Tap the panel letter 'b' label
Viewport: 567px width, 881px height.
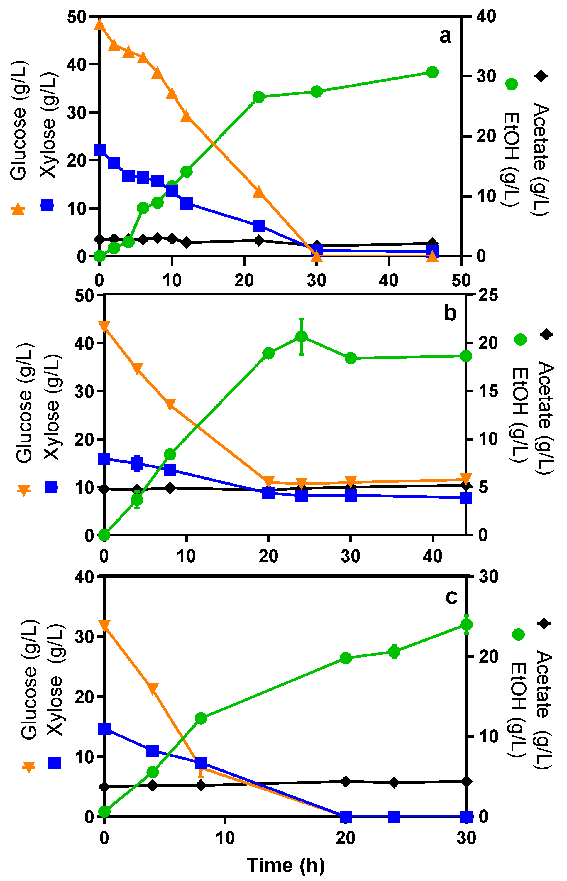click(450, 313)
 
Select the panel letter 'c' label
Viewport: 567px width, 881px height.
click(451, 597)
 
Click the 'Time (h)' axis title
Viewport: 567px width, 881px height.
click(286, 865)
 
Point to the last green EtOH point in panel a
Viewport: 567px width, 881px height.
click(432, 72)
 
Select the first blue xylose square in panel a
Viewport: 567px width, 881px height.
click(99, 150)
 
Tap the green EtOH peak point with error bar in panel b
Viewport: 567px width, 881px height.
click(302, 336)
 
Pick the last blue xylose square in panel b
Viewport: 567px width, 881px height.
click(466, 498)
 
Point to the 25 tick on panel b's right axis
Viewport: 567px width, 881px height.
click(488, 295)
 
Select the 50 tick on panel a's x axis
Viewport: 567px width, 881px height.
click(461, 281)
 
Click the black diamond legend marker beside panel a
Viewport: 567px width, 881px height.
click(541, 76)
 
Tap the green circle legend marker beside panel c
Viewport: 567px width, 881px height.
click(518, 634)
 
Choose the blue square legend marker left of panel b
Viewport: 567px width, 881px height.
click(51, 487)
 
